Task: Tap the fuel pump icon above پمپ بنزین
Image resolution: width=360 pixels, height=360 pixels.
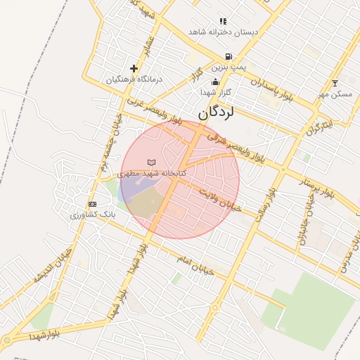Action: (x=228, y=57)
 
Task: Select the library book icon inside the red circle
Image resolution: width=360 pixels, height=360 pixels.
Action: (x=151, y=162)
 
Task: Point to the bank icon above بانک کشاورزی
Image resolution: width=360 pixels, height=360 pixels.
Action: (x=91, y=203)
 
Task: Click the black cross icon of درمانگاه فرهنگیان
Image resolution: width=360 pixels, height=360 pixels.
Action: (x=134, y=68)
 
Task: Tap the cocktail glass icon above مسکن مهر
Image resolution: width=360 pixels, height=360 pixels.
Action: (x=335, y=83)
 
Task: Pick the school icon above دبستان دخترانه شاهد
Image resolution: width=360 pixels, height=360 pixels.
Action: (x=223, y=22)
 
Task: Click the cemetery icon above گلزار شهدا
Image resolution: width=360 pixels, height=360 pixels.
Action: (x=216, y=83)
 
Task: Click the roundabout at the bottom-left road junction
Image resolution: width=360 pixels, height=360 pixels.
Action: (x=7, y=341)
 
